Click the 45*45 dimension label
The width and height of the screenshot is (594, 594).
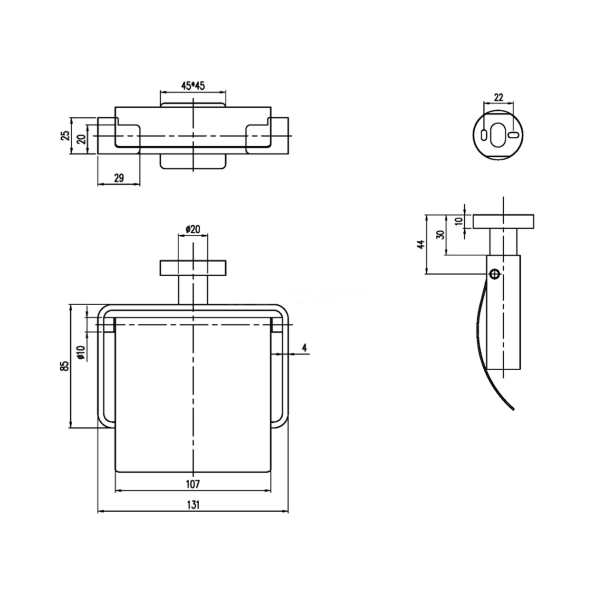click(x=192, y=86)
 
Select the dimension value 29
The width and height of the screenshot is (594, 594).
click(x=119, y=178)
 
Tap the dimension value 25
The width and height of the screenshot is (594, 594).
click(x=66, y=135)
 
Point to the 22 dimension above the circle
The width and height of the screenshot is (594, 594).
click(x=498, y=97)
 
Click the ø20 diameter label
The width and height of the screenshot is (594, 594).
click(x=193, y=229)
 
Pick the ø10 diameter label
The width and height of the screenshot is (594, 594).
click(x=81, y=352)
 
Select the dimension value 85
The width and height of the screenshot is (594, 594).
click(x=66, y=366)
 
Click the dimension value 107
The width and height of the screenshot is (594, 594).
click(x=193, y=484)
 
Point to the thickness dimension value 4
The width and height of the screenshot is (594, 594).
click(x=305, y=348)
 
